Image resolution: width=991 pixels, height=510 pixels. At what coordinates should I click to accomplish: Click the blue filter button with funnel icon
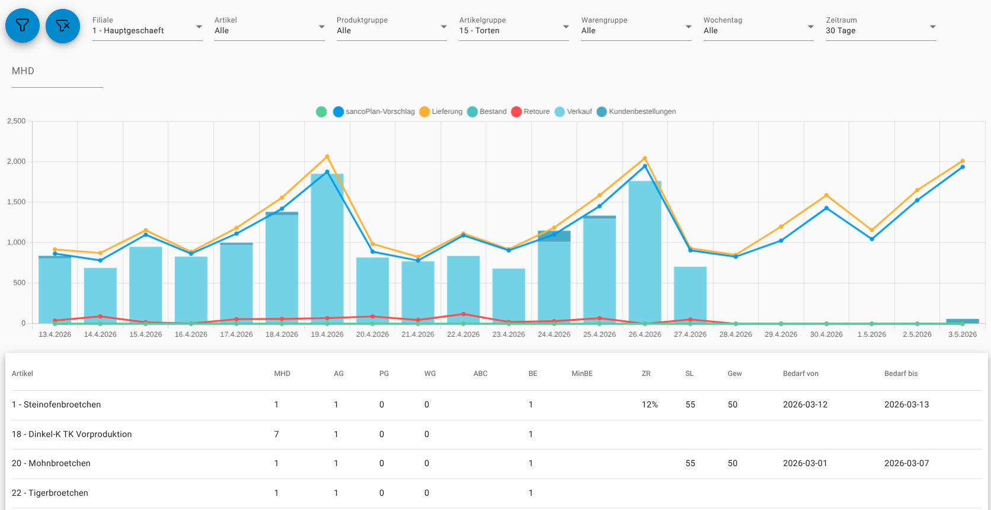[x=23, y=26]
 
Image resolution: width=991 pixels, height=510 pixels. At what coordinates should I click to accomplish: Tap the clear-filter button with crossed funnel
[x=63, y=26]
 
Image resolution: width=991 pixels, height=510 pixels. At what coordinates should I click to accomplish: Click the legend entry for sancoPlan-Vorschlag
[x=374, y=111]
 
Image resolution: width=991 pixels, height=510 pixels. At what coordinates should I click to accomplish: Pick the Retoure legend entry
[x=530, y=111]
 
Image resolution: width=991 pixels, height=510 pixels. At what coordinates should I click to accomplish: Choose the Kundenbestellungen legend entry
[x=636, y=111]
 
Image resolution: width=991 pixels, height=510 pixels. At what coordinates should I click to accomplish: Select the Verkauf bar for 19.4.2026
[x=327, y=248]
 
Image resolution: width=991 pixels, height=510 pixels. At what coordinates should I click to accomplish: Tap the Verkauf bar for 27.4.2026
[x=690, y=295]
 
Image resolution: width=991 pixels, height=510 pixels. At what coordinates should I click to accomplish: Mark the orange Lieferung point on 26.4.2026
[x=645, y=158]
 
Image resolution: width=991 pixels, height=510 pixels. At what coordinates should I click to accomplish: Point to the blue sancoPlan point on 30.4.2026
[x=826, y=208]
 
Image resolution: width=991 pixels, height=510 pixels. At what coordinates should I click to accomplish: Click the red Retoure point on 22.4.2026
[x=463, y=314]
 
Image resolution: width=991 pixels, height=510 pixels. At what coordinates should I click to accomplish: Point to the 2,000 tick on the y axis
[x=17, y=161]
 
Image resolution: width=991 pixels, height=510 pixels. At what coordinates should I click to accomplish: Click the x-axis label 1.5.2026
[x=871, y=334]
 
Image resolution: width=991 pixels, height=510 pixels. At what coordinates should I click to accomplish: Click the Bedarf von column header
[x=801, y=374]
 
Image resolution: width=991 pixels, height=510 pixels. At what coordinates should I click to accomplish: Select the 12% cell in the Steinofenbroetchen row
[x=650, y=404]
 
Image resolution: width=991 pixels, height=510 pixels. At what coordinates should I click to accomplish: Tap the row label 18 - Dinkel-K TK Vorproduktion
[x=72, y=434]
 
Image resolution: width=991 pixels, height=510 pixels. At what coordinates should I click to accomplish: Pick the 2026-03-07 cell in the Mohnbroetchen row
[x=906, y=464]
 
